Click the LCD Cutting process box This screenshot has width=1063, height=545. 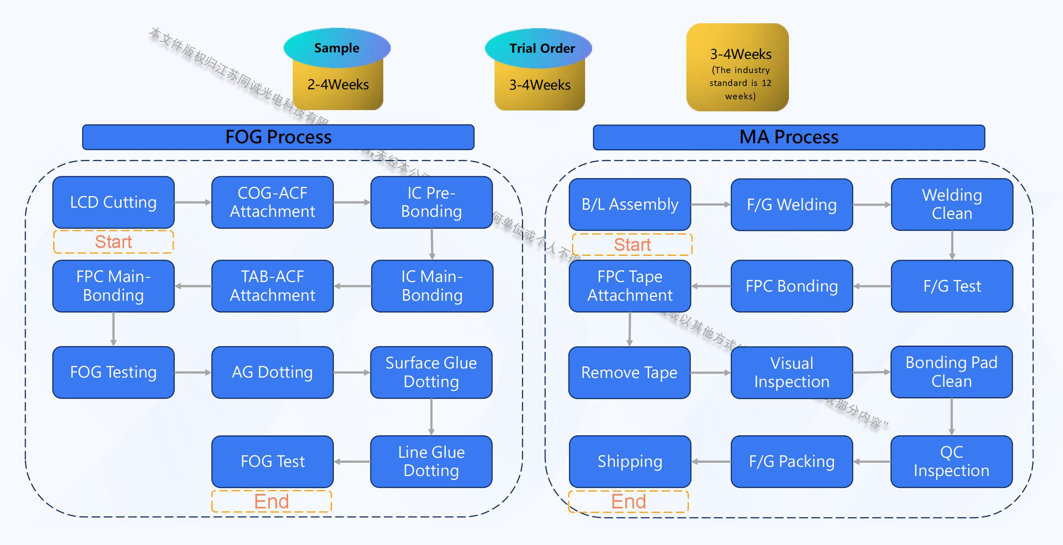[113, 202]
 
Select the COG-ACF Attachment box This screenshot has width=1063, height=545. [272, 202]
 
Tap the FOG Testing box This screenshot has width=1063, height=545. [113, 372]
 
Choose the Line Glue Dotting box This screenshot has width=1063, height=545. [431, 461]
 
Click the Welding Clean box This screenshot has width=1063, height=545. [952, 204]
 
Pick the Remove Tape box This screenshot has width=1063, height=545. [629, 373]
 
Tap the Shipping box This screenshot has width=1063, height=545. [630, 461]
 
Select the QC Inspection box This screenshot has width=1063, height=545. [951, 461]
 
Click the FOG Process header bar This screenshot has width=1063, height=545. [278, 137]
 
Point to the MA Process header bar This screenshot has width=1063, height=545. [789, 137]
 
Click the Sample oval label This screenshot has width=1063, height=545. [337, 48]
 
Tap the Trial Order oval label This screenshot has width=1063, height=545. [542, 49]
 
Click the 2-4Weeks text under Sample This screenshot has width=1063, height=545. [338, 85]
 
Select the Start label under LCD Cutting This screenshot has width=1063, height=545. [113, 242]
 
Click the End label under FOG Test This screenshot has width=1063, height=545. [272, 501]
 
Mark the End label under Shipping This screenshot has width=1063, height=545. [629, 501]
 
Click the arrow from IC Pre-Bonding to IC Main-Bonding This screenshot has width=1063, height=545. [432, 244]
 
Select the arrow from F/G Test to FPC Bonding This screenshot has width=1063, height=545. [872, 286]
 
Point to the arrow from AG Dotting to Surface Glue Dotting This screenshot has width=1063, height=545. [352, 373]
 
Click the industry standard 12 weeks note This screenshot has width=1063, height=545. [740, 83]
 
